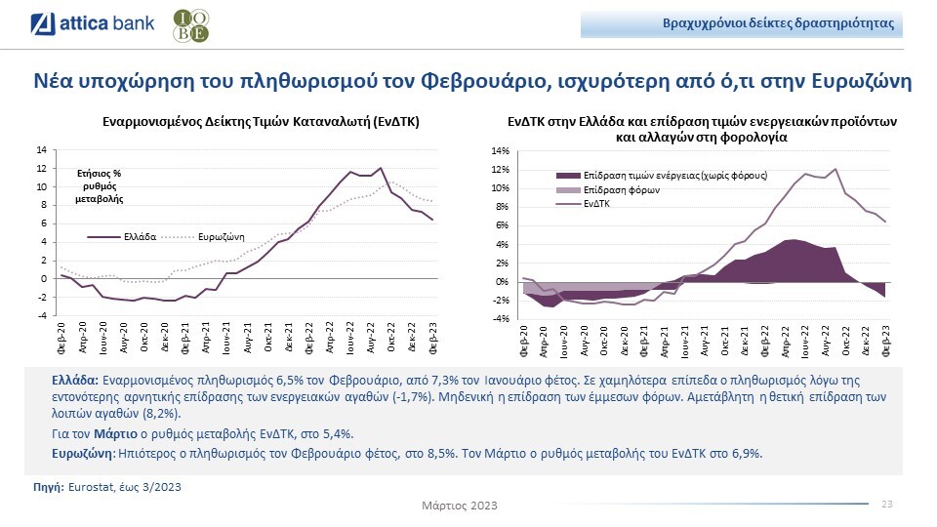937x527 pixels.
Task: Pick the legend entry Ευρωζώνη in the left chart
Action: [x=221, y=237]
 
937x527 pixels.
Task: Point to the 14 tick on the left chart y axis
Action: [x=41, y=149]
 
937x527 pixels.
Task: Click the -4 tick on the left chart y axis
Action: [x=41, y=315]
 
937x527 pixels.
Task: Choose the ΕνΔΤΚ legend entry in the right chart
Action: [x=596, y=204]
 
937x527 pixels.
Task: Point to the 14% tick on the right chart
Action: [x=499, y=150]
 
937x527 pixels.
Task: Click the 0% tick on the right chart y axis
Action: [x=501, y=281]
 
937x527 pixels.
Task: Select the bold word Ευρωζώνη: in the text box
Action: [x=83, y=454]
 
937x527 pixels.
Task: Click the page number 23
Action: [x=886, y=504]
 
